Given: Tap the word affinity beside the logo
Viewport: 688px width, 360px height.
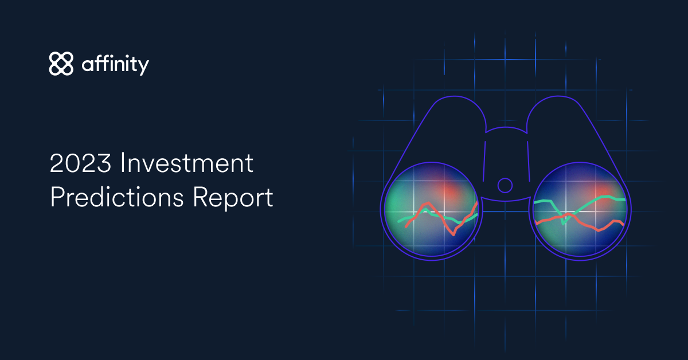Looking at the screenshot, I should pos(115,64).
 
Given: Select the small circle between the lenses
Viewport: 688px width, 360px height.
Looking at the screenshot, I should pos(505,185).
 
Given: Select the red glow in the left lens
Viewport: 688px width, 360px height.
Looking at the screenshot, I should pos(452,193).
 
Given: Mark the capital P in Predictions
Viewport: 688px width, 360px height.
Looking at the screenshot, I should pos(57,198).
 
